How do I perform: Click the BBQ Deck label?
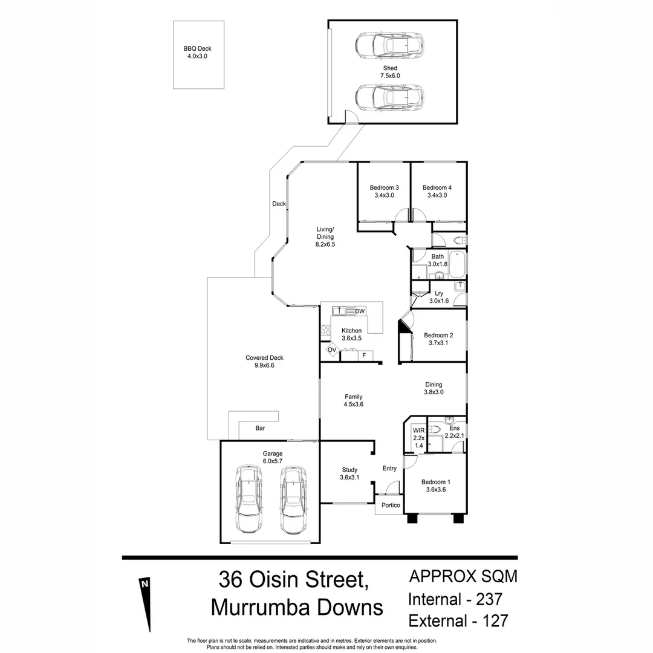(x=197, y=53)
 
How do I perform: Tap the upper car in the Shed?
(x=389, y=46)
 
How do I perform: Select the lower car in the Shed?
(x=389, y=97)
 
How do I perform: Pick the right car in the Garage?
(x=293, y=498)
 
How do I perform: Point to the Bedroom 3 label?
(x=384, y=191)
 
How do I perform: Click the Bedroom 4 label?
(x=437, y=191)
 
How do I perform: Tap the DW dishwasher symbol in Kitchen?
(x=360, y=311)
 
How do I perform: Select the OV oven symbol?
(x=332, y=350)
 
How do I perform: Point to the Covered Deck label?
(x=264, y=362)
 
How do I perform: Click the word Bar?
(x=260, y=428)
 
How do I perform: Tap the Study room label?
(x=349, y=473)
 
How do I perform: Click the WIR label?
(x=418, y=438)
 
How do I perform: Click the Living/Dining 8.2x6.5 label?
(x=325, y=236)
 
